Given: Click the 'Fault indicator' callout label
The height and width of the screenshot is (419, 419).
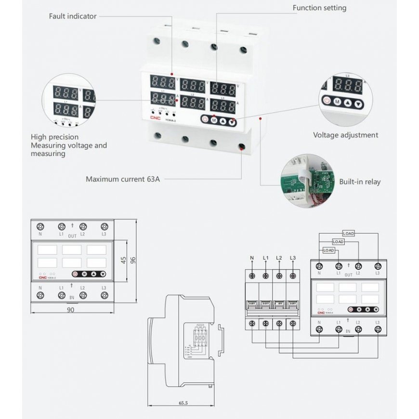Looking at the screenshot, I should (73, 16).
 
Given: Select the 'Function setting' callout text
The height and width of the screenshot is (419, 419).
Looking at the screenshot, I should (319, 8).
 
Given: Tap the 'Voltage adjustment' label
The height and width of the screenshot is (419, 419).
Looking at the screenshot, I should (345, 135).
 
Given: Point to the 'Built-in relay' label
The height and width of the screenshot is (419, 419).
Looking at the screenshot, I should (359, 182).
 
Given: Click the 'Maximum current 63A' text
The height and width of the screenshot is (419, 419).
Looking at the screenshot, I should (122, 179).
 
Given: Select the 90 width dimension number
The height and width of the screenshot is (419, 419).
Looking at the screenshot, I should (70, 310).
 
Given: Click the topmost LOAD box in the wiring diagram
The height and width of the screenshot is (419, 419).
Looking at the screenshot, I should (348, 234).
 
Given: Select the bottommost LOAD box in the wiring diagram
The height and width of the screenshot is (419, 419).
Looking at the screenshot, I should (328, 250).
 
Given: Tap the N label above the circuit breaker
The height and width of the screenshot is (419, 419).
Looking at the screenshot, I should (252, 258).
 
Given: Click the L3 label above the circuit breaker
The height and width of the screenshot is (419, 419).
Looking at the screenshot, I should (292, 258).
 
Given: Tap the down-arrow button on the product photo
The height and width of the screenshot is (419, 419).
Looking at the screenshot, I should (232, 121).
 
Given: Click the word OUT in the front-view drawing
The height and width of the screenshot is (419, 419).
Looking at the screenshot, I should (72, 236).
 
